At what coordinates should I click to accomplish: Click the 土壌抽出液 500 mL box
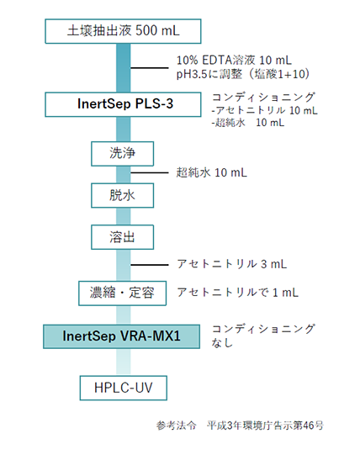(x=123, y=31)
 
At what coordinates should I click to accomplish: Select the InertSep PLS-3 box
(x=123, y=104)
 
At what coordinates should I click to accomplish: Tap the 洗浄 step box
(x=122, y=154)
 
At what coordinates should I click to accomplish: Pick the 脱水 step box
(x=122, y=195)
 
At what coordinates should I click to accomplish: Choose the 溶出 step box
(x=122, y=237)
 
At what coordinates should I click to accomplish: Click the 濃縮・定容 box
(x=122, y=293)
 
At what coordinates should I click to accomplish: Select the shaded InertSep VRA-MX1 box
(x=121, y=336)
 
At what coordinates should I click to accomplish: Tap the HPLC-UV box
(x=124, y=388)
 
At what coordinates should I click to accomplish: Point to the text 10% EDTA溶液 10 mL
(x=234, y=61)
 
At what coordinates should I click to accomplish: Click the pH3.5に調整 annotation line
(x=243, y=74)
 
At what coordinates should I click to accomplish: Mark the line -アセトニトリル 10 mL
(x=264, y=110)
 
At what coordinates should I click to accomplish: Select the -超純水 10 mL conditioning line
(x=248, y=123)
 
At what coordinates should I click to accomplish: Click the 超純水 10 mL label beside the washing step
(x=211, y=172)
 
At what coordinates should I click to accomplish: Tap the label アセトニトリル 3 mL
(x=232, y=264)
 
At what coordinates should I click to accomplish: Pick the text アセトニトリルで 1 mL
(x=238, y=293)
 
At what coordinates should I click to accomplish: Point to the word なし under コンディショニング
(x=222, y=342)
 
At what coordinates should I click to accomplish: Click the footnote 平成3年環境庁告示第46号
(x=265, y=426)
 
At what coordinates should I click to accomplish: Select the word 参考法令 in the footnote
(x=176, y=426)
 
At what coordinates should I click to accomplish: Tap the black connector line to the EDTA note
(x=150, y=68)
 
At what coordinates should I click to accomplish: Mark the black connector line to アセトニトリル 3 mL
(x=150, y=265)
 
